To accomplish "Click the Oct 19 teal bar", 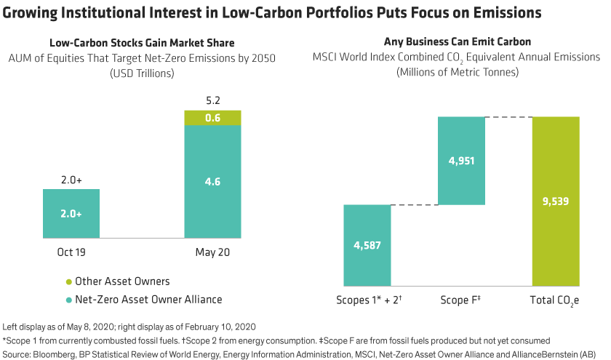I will point(71,213).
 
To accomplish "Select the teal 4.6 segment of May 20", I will point(212,182).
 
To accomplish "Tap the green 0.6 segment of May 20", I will point(212,117).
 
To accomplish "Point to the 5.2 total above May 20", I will point(212,101).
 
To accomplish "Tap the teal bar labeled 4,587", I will point(367,244).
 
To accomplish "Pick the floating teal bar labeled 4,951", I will point(461,161).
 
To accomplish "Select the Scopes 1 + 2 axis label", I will point(369,300).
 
